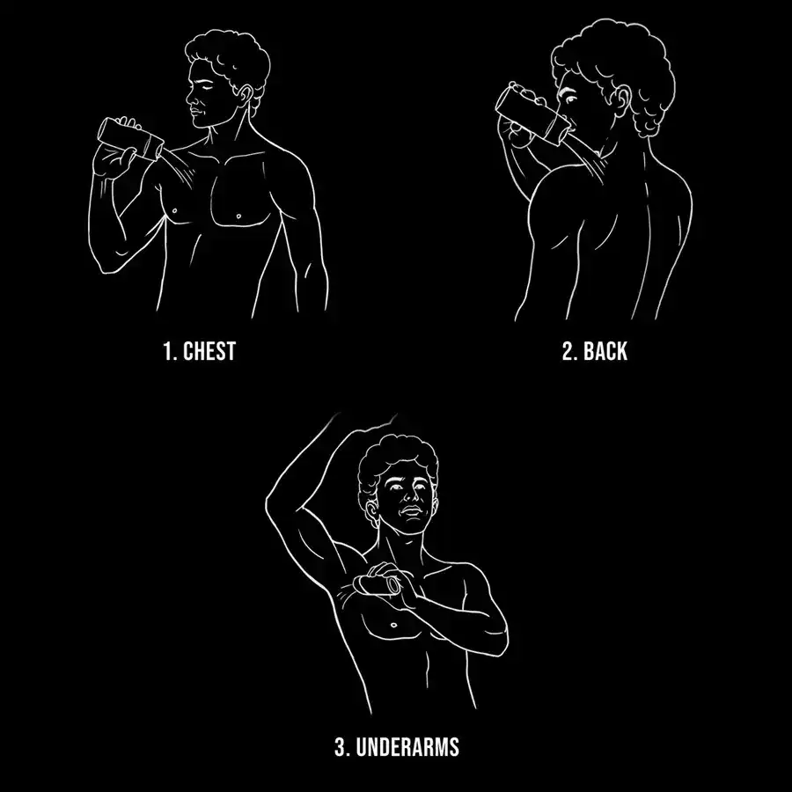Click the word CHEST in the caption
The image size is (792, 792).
point(209,351)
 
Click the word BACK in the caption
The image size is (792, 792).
point(605,351)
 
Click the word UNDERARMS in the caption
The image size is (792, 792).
point(407,747)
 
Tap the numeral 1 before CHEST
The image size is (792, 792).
point(167,351)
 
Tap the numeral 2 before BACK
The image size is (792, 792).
point(568,351)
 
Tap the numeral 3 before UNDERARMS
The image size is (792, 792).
point(341,747)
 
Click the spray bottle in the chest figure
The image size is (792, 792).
point(131,139)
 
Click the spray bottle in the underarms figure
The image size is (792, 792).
point(377,585)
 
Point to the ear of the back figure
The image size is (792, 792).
point(623,100)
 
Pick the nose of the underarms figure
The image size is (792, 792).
point(410,496)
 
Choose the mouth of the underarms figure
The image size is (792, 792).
point(411,511)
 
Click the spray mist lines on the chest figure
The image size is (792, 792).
point(180,166)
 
